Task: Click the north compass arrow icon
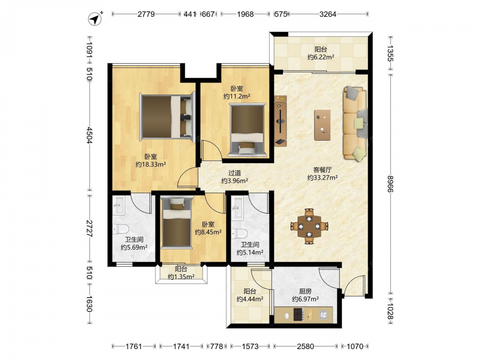click(x=96, y=19)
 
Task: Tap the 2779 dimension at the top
click(x=146, y=14)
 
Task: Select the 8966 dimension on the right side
click(x=390, y=184)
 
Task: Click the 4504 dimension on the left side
click(x=89, y=135)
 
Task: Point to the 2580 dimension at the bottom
click(x=305, y=346)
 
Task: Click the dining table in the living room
click(x=310, y=226)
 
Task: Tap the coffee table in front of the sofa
click(x=323, y=125)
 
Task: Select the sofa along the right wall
click(x=355, y=123)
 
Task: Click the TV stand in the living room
click(x=280, y=121)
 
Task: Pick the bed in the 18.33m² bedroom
click(x=167, y=117)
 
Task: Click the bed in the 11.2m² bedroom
click(x=247, y=130)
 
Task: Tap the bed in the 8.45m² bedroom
click(x=177, y=223)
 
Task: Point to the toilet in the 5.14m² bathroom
click(x=239, y=234)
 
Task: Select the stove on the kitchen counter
click(x=299, y=314)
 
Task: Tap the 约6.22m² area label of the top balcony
click(x=321, y=57)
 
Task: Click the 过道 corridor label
click(x=235, y=173)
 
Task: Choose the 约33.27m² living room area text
click(x=323, y=178)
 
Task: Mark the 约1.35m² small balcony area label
click(x=181, y=277)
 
